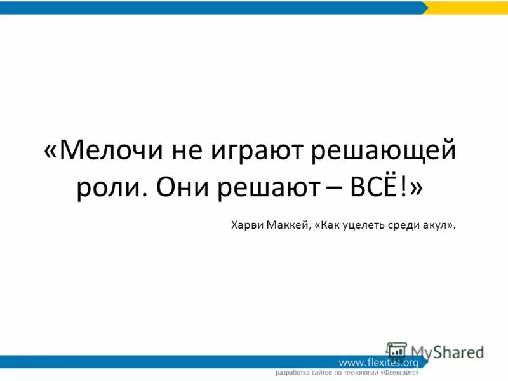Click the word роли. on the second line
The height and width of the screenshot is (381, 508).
pyautogui.click(x=112, y=189)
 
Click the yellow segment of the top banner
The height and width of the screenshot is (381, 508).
pyautogui.click(x=467, y=7)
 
